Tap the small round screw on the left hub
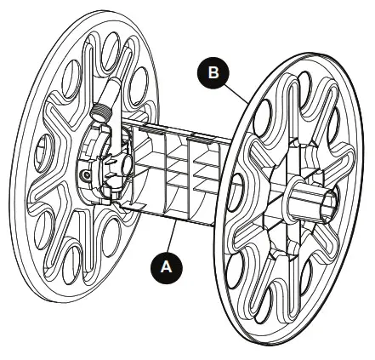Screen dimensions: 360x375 pos(85,174)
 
